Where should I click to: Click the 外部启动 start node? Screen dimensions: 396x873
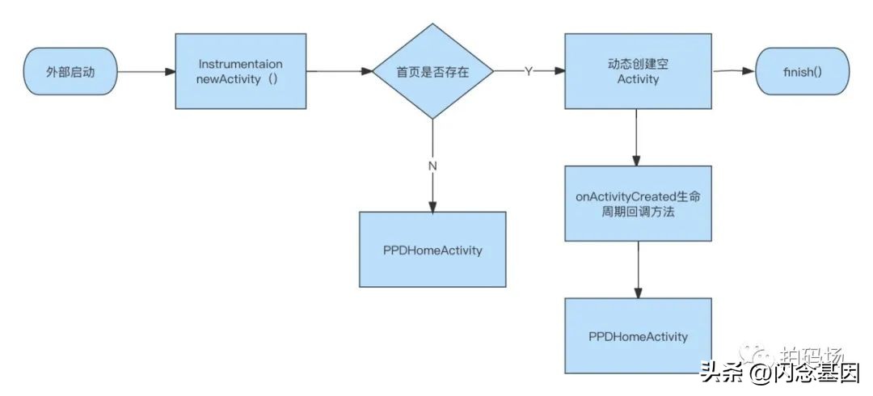click(x=71, y=72)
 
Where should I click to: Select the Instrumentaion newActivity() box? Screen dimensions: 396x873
click(x=241, y=71)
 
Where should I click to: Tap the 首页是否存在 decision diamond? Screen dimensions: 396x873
click(x=432, y=72)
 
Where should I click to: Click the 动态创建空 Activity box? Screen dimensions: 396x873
click(x=639, y=71)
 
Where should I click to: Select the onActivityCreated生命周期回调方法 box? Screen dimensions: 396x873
click(x=639, y=203)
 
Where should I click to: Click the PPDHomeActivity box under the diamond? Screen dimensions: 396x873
click(x=432, y=250)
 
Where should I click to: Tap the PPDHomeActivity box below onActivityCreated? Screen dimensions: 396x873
click(x=639, y=335)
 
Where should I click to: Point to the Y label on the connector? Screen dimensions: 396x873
click(x=529, y=72)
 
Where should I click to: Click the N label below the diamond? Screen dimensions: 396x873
click(x=432, y=165)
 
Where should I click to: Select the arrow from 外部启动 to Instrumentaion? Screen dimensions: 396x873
click(x=146, y=72)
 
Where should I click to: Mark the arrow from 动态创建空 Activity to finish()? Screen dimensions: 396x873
click(x=734, y=71)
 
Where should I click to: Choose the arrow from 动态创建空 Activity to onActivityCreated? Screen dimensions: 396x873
click(x=639, y=137)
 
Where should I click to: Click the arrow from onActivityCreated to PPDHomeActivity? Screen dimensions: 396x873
click(x=639, y=269)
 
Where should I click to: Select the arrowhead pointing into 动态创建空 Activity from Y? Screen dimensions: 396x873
click(x=559, y=72)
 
